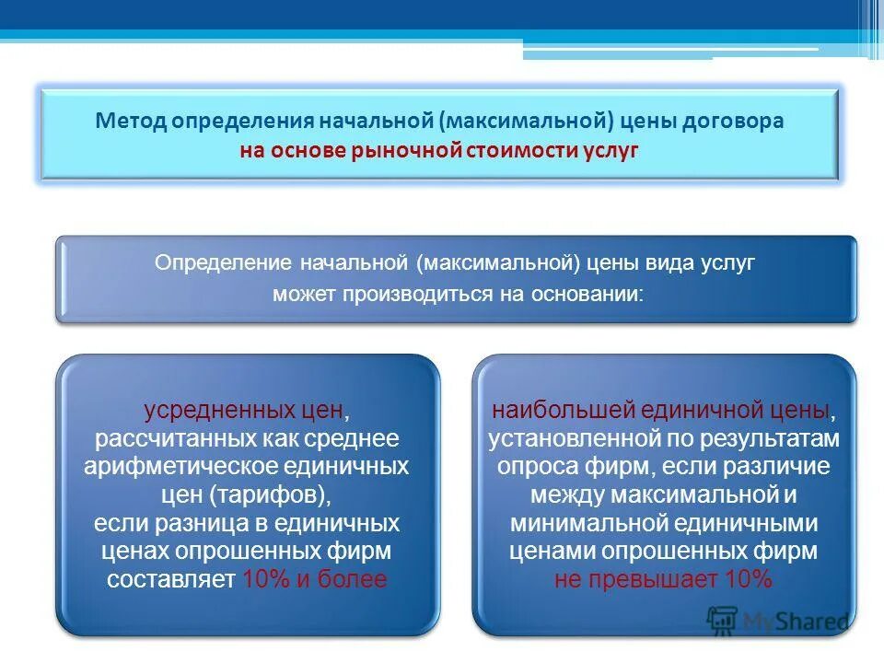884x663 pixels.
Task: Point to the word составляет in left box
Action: [x=170, y=580]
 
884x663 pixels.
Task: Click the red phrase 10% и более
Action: [x=314, y=580]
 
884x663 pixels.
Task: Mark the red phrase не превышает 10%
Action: [x=663, y=580]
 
